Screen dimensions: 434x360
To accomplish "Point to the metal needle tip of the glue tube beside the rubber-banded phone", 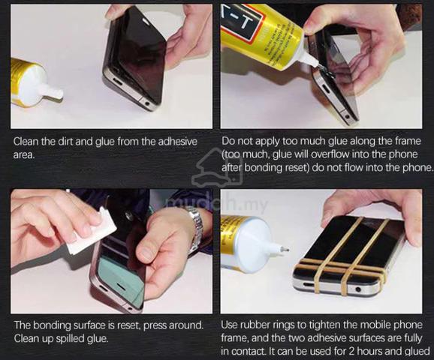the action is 285,250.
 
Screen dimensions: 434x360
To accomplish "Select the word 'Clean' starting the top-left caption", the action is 26,142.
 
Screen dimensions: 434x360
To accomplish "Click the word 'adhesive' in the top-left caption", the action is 177,142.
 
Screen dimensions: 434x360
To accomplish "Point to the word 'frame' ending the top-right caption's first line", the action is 408,141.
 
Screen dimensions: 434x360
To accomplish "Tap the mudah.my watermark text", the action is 217,205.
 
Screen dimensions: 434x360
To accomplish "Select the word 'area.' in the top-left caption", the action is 24,155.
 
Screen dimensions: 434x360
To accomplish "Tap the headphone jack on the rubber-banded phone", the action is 358,289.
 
